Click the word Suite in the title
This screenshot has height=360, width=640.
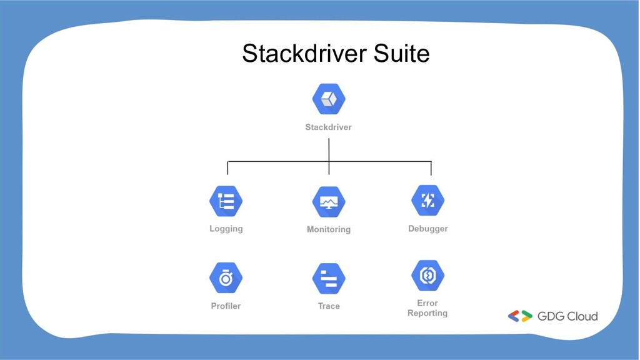tap(402, 54)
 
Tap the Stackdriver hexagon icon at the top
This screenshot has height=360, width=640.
tap(329, 99)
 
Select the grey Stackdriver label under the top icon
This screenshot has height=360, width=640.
tap(329, 127)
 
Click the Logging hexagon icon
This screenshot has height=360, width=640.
tap(226, 201)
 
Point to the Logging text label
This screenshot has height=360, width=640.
tap(226, 229)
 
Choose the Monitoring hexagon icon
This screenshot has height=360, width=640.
tap(329, 202)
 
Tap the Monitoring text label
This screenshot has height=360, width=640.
tap(329, 229)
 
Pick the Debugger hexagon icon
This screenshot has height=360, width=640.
tap(428, 201)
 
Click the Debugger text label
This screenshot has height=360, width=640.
tap(428, 229)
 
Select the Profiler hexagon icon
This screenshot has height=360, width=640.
tap(226, 278)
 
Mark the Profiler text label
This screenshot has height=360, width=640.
tap(226, 306)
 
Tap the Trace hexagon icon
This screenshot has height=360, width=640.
tap(329, 279)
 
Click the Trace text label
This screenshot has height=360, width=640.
tap(329, 306)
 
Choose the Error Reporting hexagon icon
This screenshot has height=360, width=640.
tap(428, 275)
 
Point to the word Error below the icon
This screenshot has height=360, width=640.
tap(427, 303)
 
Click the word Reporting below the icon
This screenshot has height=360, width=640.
tap(427, 313)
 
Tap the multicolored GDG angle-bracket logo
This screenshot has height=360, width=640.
tap(520, 316)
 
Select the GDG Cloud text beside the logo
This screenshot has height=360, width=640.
tap(567, 316)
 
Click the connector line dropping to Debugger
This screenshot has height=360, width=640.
tap(431, 168)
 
